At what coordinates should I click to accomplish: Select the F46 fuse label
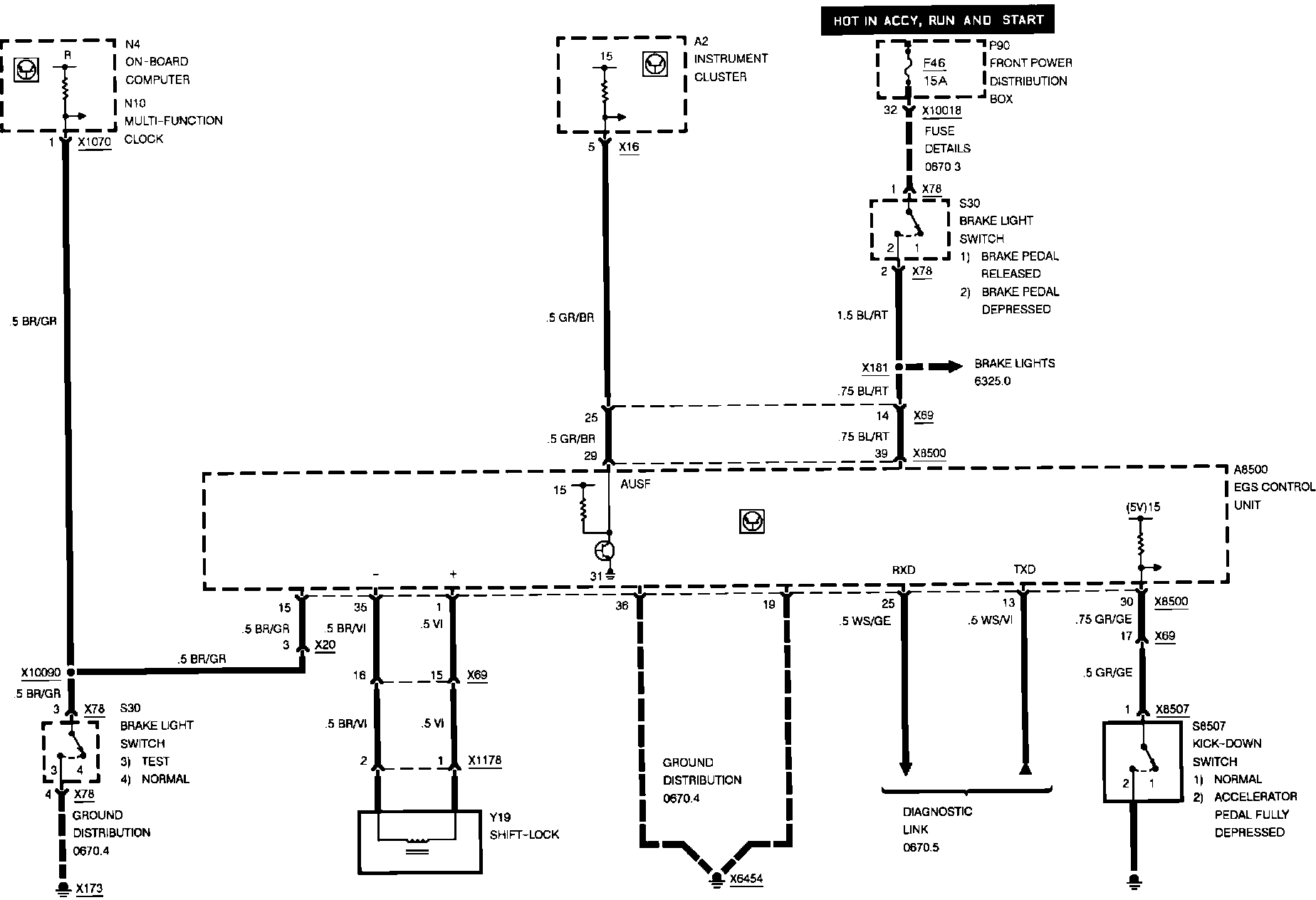pyautogui.click(x=934, y=63)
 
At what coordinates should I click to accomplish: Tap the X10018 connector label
pyautogui.click(x=941, y=111)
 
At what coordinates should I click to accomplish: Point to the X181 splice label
pyautogui.click(x=874, y=368)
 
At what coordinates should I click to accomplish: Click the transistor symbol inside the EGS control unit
pyautogui.click(x=605, y=550)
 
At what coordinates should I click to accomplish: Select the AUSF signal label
pyautogui.click(x=635, y=484)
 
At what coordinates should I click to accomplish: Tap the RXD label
pyautogui.click(x=903, y=570)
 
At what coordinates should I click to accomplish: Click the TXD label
pyautogui.click(x=1024, y=570)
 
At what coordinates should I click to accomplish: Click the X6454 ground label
pyautogui.click(x=746, y=879)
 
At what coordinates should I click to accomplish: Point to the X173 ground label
pyautogui.click(x=90, y=889)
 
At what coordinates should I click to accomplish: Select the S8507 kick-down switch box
pyautogui.click(x=1142, y=761)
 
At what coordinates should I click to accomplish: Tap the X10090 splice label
pyautogui.click(x=41, y=672)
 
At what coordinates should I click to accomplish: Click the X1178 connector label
pyautogui.click(x=484, y=760)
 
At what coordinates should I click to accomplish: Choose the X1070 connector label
pyautogui.click(x=94, y=142)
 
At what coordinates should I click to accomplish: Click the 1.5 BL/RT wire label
pyautogui.click(x=863, y=315)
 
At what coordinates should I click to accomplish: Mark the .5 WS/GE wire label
pyautogui.click(x=865, y=621)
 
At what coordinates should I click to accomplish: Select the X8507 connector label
pyautogui.click(x=1172, y=709)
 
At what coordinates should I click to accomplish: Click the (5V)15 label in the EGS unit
pyautogui.click(x=1143, y=507)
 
